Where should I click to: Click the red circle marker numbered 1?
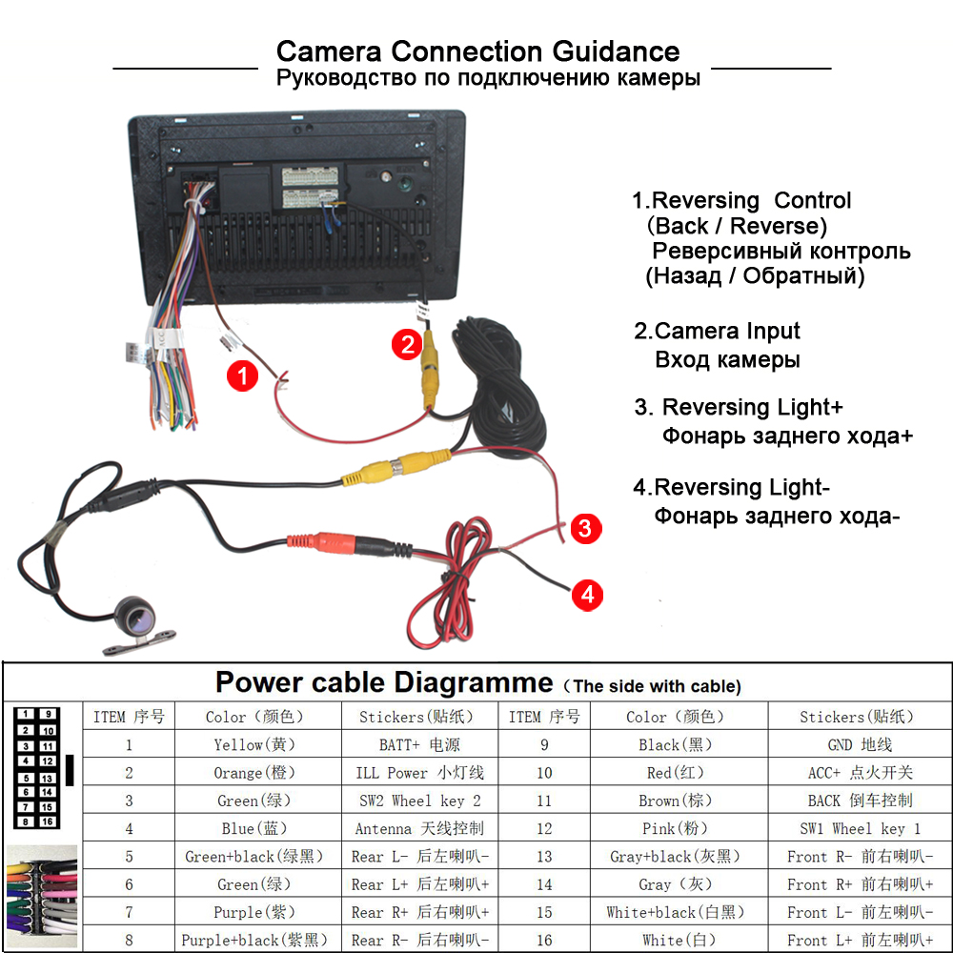pyautogui.click(x=242, y=376)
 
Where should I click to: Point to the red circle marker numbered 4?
pyautogui.click(x=587, y=596)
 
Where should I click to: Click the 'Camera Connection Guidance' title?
pyautogui.click(x=477, y=51)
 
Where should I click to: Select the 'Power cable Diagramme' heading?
pyautogui.click(x=384, y=682)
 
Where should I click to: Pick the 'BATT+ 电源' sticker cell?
pyautogui.click(x=419, y=745)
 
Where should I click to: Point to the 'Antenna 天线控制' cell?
pyautogui.click(x=419, y=828)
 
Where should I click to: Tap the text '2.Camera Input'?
pyautogui.click(x=718, y=332)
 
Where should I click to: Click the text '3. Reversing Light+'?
pyautogui.click(x=740, y=408)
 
